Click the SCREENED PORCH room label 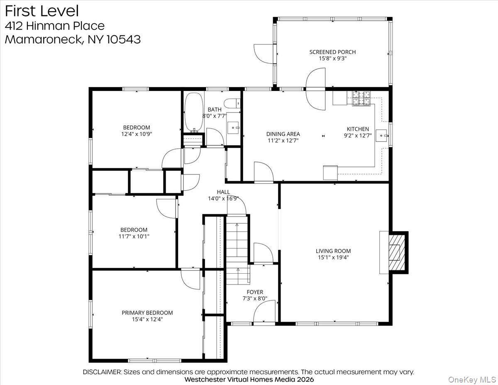click(332, 52)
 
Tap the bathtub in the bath click(194, 112)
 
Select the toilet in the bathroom click(232, 103)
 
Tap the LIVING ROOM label click(333, 251)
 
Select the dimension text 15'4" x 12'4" click(147, 319)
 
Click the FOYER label click(255, 292)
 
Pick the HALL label click(223, 192)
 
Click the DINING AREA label click(283, 134)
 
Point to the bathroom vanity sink click(233, 128)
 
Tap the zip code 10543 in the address click(124, 39)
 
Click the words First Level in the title click(42, 11)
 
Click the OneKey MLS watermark click(472, 380)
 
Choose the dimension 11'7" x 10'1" click(134, 236)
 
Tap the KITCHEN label click(358, 129)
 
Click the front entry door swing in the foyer click(264, 311)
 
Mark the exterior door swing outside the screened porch click(263, 54)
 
